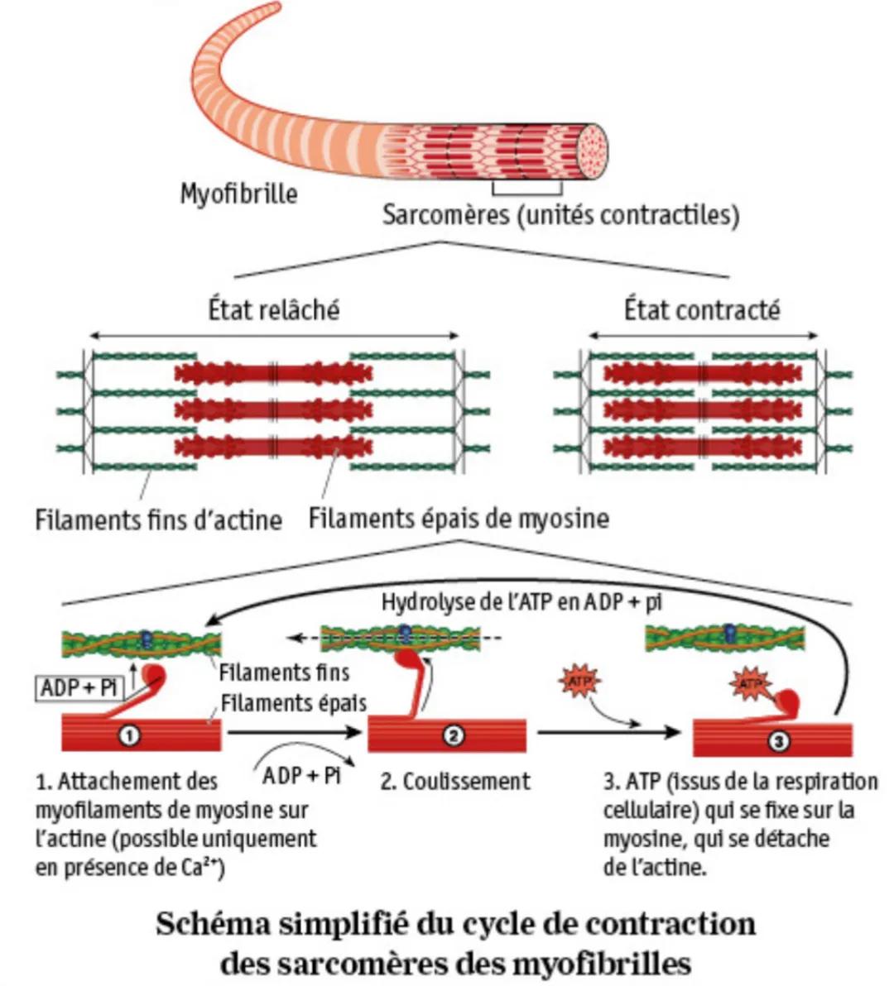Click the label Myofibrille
click(x=238, y=194)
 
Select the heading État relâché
click(x=273, y=310)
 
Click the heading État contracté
click(x=702, y=310)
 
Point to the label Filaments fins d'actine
click(x=158, y=520)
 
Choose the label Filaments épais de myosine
click(x=459, y=519)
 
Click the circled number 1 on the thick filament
click(x=130, y=734)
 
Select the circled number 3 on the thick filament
click(x=777, y=742)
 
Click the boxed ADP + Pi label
click(x=79, y=687)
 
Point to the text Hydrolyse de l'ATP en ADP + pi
click(x=521, y=602)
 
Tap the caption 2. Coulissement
click(x=455, y=782)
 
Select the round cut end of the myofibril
click(x=593, y=150)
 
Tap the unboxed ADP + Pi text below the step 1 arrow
click(x=301, y=776)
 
